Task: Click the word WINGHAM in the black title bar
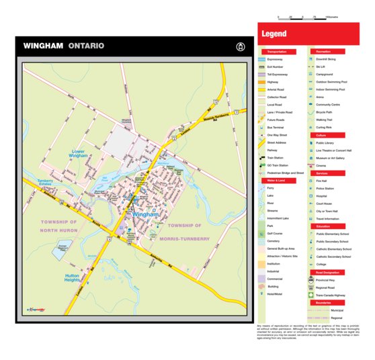[x=43, y=46]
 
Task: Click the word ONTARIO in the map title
[x=85, y=46]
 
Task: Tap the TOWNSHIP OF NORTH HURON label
[x=58, y=225]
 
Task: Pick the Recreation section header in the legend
[x=324, y=51]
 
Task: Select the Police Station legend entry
[x=325, y=189]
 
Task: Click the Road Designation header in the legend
[x=327, y=273]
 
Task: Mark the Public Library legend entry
[x=325, y=143]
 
